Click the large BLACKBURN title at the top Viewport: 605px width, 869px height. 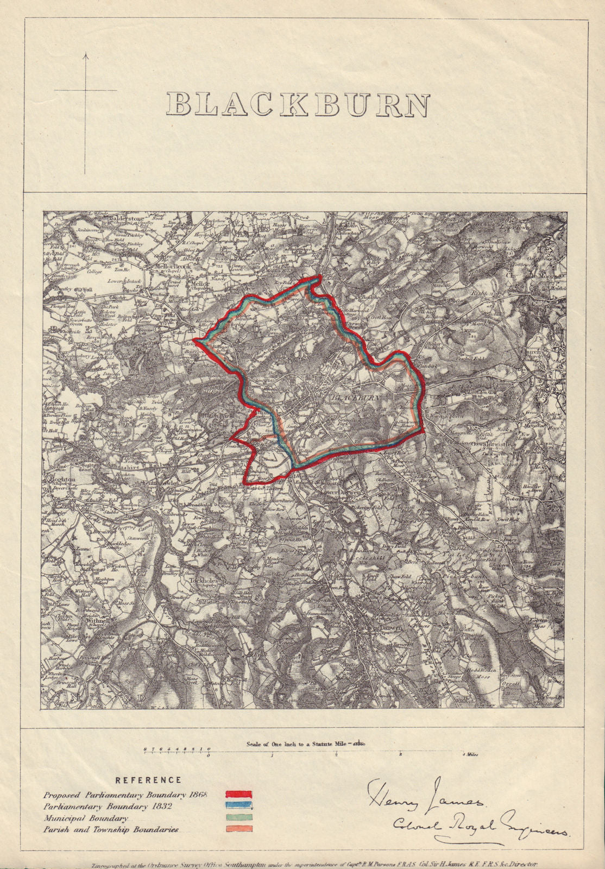pos(298,105)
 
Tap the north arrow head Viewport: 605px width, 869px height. pos(85,54)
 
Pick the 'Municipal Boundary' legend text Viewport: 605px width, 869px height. pos(86,818)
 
